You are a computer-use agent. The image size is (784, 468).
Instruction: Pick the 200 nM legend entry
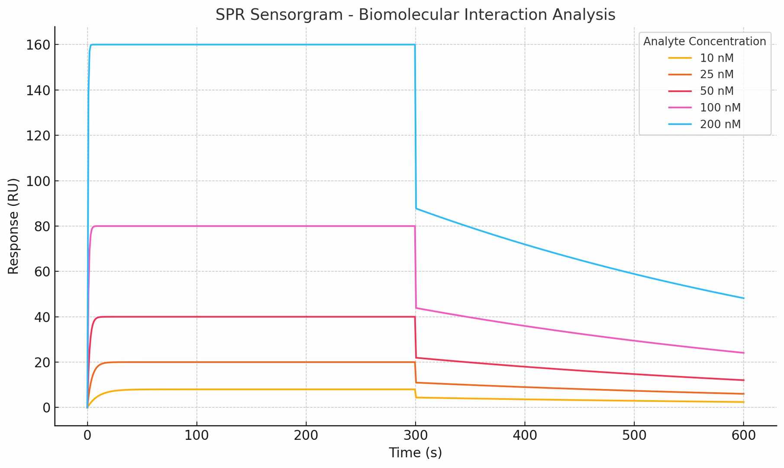pyautogui.click(x=720, y=124)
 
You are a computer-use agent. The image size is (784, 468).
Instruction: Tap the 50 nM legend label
pyautogui.click(x=716, y=91)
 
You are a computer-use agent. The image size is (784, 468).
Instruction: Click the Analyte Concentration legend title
pyautogui.click(x=704, y=42)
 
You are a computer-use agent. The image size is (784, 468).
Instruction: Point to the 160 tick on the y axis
pyautogui.click(x=38, y=45)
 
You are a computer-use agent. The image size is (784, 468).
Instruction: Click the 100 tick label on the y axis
pyautogui.click(x=38, y=181)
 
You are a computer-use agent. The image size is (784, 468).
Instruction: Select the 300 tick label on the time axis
pyautogui.click(x=416, y=435)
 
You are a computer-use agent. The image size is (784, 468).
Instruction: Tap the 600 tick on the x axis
pyautogui.click(x=743, y=435)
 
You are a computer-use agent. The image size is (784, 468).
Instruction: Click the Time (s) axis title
pyautogui.click(x=415, y=453)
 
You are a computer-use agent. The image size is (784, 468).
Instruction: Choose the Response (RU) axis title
pyautogui.click(x=13, y=226)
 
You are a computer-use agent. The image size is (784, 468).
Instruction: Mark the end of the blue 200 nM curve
pyautogui.click(x=743, y=298)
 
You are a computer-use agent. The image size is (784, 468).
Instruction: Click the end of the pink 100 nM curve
pyautogui.click(x=743, y=353)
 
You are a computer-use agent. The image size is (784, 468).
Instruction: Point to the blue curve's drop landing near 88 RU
pyautogui.click(x=416, y=209)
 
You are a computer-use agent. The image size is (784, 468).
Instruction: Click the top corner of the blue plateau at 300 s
pyautogui.click(x=415, y=45)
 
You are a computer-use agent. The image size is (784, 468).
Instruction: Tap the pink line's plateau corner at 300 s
pyautogui.click(x=415, y=226)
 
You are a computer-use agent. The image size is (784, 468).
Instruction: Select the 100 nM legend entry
pyautogui.click(x=720, y=108)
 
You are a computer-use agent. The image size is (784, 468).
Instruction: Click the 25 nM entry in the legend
pyautogui.click(x=716, y=75)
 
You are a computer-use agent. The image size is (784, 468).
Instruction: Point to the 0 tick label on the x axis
pyautogui.click(x=87, y=435)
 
